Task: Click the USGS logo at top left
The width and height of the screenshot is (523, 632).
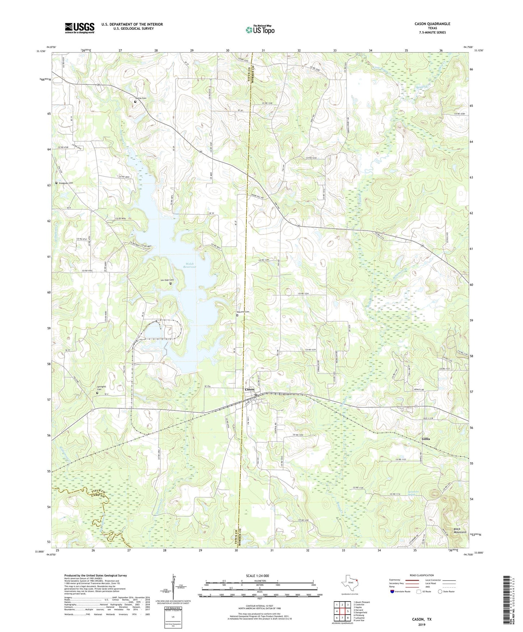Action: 80,28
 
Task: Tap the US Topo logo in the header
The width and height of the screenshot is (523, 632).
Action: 260,30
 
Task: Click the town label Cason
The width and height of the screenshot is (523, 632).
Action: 249,389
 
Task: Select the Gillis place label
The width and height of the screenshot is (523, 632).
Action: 426,439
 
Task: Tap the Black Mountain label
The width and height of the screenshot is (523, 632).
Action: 460,531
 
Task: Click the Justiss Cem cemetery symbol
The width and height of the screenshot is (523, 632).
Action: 135,102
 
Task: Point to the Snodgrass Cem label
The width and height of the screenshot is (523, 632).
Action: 66,183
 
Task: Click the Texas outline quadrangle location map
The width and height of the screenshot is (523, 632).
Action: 350,583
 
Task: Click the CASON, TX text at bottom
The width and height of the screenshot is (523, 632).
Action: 422,619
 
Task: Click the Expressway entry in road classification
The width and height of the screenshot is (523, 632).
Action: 395,580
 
